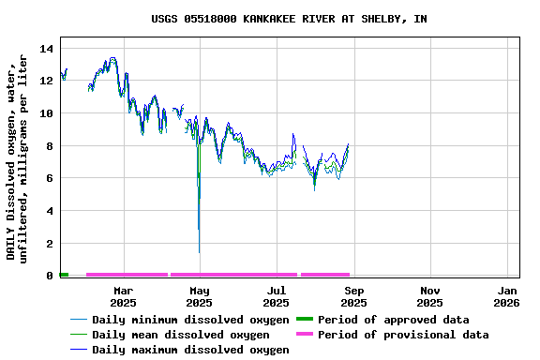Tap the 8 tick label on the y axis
tap(50, 146)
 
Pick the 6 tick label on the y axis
tap(50, 178)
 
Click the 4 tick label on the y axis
tap(50, 211)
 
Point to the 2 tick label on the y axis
tap(50, 244)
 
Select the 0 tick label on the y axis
tap(50, 276)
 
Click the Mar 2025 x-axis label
tap(123, 296)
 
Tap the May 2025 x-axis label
tap(200, 296)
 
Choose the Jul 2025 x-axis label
tap(277, 296)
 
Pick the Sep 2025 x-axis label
tap(353, 296)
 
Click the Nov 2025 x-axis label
tap(429, 296)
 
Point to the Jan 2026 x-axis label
tap(506, 296)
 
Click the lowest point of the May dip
tap(199, 252)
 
